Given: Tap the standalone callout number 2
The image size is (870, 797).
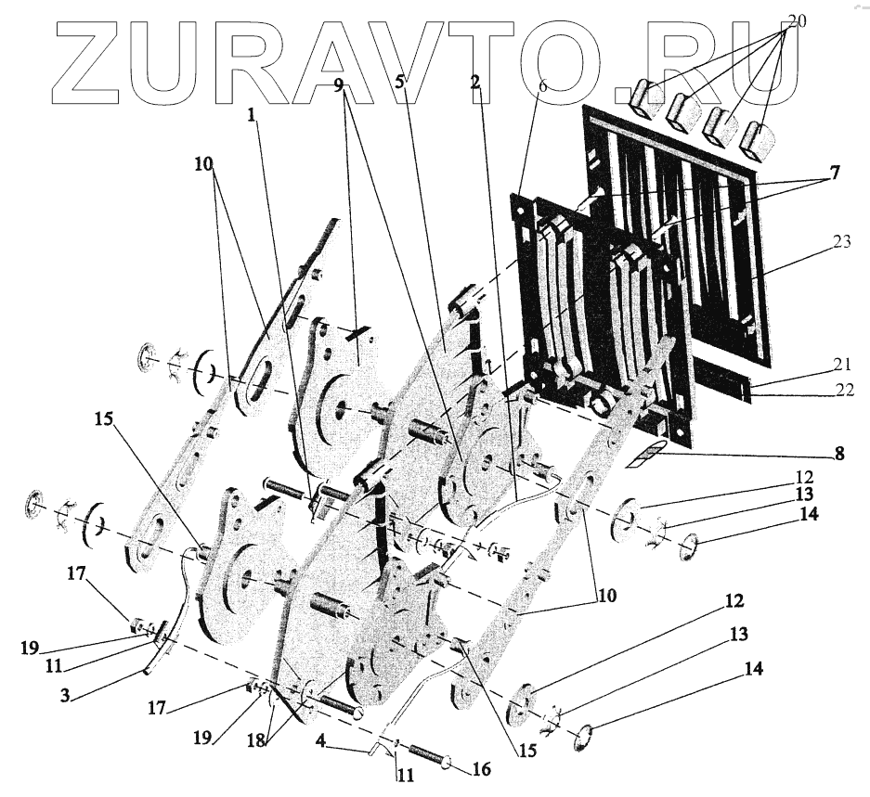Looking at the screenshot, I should (x=475, y=82).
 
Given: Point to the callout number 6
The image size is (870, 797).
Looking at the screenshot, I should (x=542, y=84).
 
